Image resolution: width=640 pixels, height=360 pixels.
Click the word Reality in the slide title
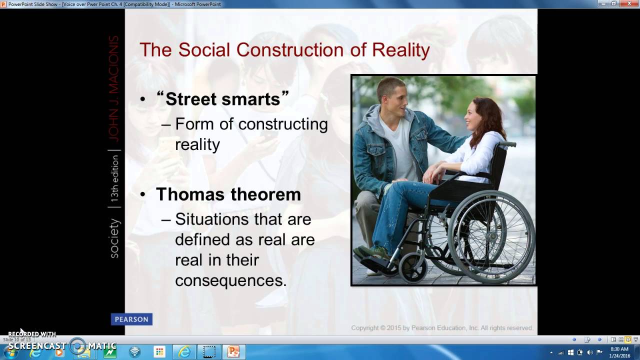(x=400, y=50)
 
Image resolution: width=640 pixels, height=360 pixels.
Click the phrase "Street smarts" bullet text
(x=222, y=99)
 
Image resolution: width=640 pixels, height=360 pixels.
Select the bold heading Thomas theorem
(x=228, y=194)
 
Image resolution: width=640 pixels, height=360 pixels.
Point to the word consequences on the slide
(x=230, y=280)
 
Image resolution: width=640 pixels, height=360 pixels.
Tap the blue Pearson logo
(x=131, y=319)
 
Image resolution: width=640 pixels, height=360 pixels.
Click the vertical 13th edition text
(x=114, y=178)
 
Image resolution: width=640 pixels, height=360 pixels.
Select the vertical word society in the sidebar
(x=114, y=238)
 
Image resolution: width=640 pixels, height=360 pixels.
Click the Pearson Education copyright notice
(x=441, y=328)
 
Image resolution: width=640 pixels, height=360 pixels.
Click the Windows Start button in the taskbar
(x=10, y=352)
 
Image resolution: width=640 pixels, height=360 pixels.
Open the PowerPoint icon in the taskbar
(x=233, y=352)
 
